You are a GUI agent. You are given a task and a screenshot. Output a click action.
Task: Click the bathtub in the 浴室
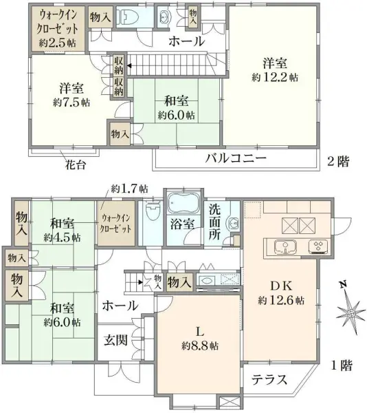coord(183,204)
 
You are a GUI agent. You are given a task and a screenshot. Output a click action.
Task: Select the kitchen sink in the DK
coord(283,247)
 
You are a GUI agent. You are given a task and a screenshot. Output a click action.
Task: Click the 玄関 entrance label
coord(115,339)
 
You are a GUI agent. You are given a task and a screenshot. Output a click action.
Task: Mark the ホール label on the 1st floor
coord(119,305)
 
